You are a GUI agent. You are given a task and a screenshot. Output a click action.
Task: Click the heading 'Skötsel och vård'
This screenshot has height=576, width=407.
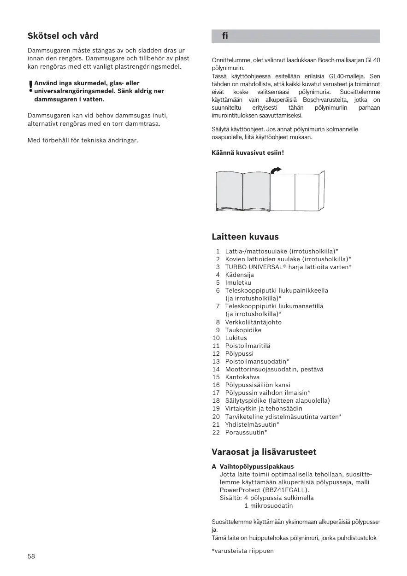pyautogui.click(x=63, y=36)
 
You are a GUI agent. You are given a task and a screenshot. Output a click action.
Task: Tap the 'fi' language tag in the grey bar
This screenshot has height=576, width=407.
pyautogui.click(x=225, y=36)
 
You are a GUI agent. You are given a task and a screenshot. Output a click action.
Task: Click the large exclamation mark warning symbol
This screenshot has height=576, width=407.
pyautogui.click(x=30, y=87)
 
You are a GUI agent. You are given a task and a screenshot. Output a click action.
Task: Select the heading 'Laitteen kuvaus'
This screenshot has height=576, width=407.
pyautogui.click(x=245, y=237)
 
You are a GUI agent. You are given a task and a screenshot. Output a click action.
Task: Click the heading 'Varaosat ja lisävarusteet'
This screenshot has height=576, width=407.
pyautogui.click(x=264, y=452)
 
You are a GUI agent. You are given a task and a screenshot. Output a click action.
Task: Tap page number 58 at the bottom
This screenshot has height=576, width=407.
pyautogui.click(x=31, y=556)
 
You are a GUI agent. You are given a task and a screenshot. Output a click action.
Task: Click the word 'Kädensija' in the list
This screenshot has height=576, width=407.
pyautogui.click(x=239, y=275)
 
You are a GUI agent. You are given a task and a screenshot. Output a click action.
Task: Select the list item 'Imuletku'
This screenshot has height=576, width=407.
pyautogui.click(x=238, y=282)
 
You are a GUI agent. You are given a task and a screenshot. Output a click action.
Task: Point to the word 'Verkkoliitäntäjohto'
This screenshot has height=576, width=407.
pyautogui.click(x=253, y=322)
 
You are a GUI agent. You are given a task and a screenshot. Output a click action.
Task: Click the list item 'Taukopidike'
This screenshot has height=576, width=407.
pyautogui.click(x=243, y=330)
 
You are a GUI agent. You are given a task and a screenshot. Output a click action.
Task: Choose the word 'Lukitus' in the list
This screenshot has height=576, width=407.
pyautogui.click(x=236, y=338)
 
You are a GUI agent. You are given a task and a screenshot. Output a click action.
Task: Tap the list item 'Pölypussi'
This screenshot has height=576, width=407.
pyautogui.click(x=239, y=353)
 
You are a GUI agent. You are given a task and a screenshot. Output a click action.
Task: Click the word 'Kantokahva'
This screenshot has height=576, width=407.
pyautogui.click(x=242, y=377)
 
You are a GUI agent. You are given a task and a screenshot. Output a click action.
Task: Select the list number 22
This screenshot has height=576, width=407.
pyautogui.click(x=216, y=432)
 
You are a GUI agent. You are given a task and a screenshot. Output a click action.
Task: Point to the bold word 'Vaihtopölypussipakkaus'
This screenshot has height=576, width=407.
pyautogui.click(x=256, y=467)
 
